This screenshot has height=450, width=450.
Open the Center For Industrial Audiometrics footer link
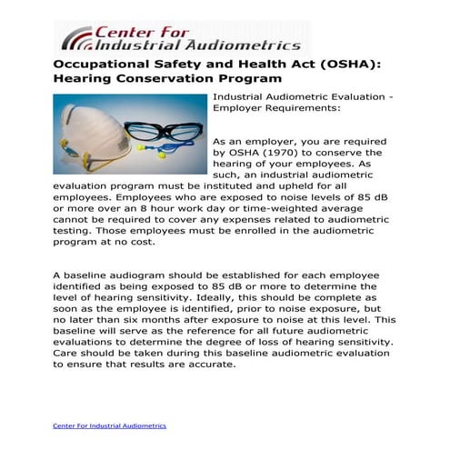109,425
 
